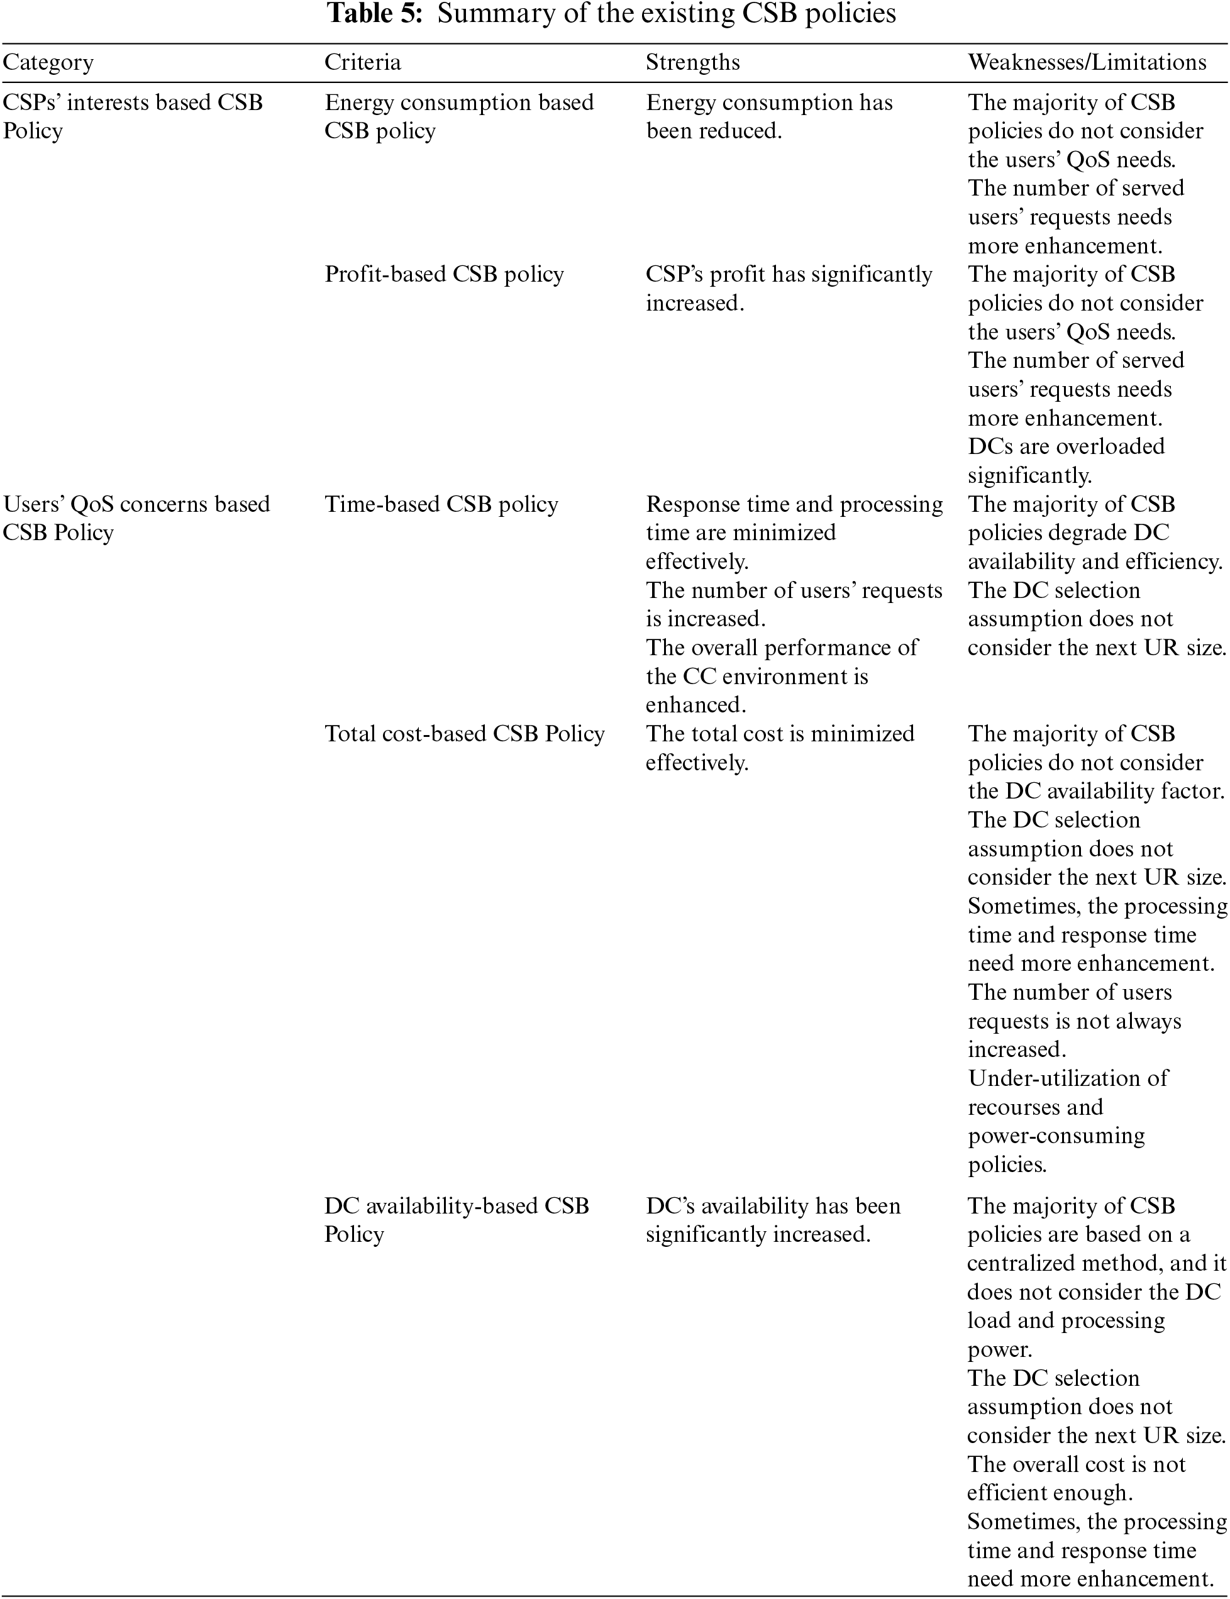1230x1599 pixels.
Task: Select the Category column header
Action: pyautogui.click(x=48, y=63)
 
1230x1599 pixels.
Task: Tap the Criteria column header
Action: pyautogui.click(x=362, y=63)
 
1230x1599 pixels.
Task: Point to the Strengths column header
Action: pyautogui.click(x=692, y=63)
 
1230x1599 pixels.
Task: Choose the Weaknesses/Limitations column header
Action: pyautogui.click(x=1087, y=63)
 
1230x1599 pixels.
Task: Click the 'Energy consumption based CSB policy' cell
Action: pyautogui.click(x=458, y=116)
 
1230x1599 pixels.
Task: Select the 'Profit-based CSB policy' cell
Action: pyautogui.click(x=444, y=275)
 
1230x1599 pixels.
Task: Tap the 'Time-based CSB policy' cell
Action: pyautogui.click(x=441, y=504)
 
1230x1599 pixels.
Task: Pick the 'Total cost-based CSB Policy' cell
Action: pyautogui.click(x=464, y=734)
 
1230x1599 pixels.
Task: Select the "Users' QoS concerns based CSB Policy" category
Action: pyautogui.click(x=136, y=518)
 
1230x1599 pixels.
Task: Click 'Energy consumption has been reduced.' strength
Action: pyautogui.click(x=768, y=116)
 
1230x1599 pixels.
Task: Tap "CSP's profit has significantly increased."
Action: pyautogui.click(x=789, y=289)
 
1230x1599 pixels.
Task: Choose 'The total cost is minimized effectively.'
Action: pyautogui.click(x=780, y=748)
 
